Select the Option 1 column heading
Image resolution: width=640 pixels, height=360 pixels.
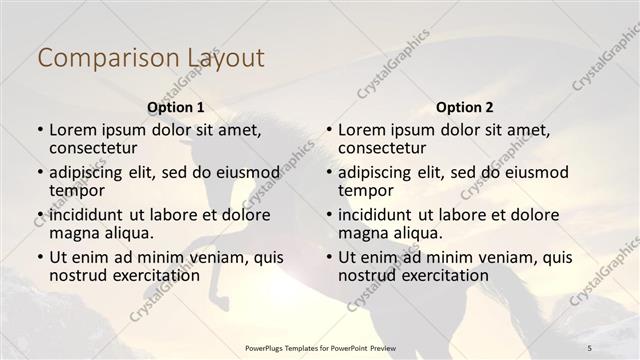[175, 107]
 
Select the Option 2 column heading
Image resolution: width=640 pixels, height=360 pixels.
[465, 107]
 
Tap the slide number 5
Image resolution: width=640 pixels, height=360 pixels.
[590, 347]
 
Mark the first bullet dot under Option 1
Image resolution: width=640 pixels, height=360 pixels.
[39, 130]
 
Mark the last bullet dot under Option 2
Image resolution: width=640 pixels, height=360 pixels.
[328, 257]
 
